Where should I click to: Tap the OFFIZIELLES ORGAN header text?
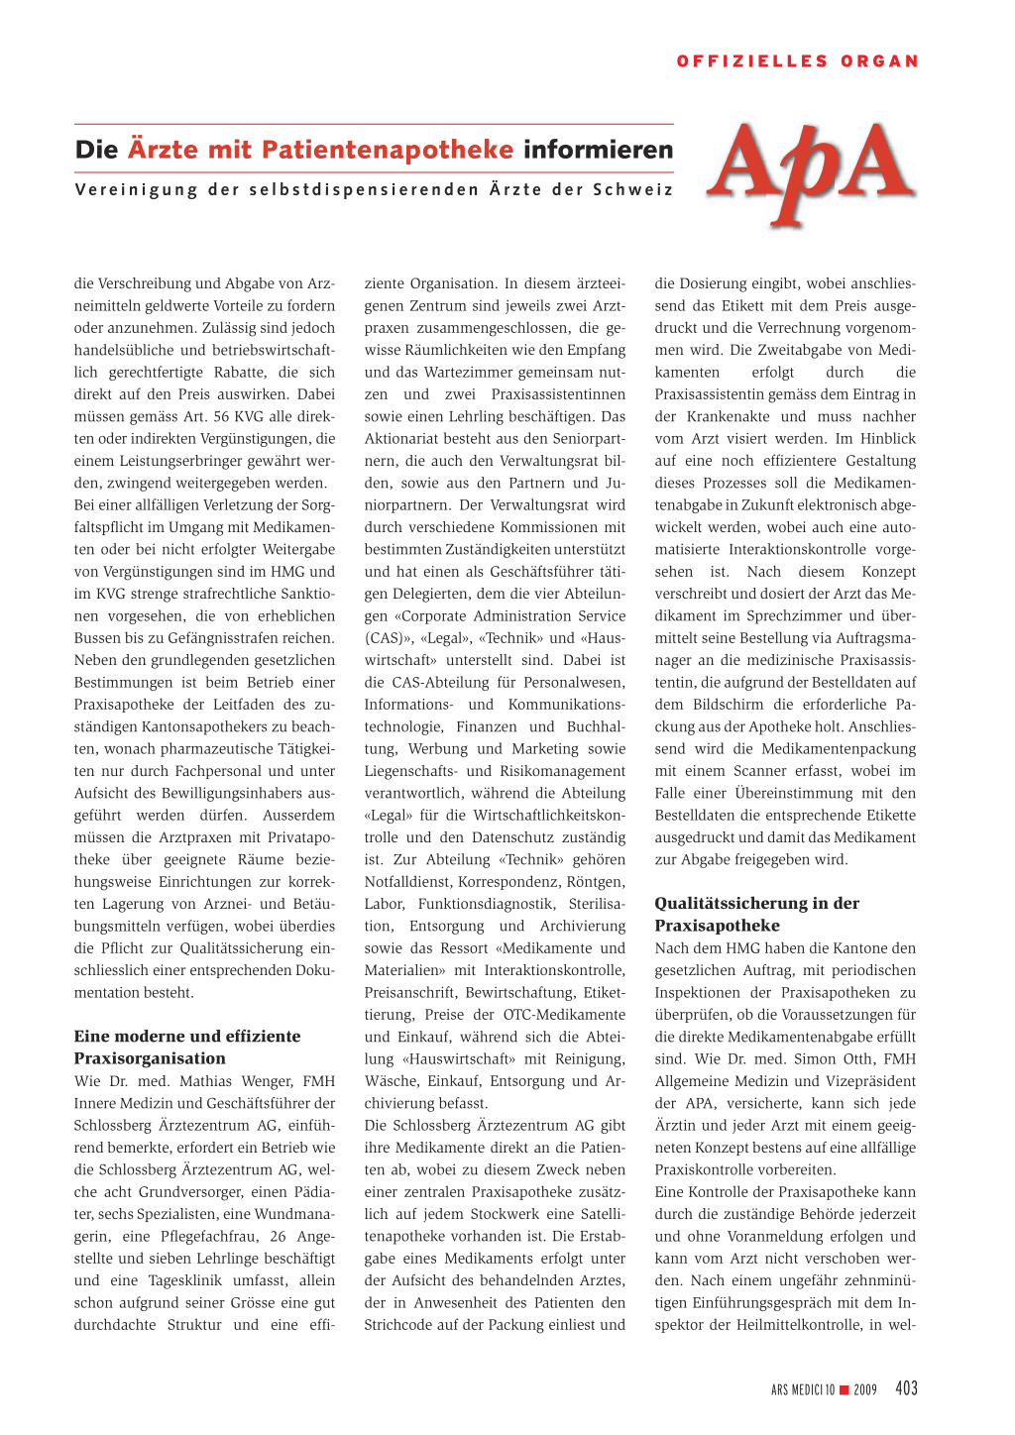[797, 61]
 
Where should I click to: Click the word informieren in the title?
[599, 150]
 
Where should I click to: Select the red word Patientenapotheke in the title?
[388, 150]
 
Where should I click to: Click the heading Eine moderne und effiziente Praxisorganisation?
[186, 1047]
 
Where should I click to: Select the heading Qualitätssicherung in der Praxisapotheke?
[756, 914]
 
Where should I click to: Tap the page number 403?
[906, 1388]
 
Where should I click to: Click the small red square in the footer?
[845, 1389]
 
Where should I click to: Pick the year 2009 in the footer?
[865, 1389]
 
